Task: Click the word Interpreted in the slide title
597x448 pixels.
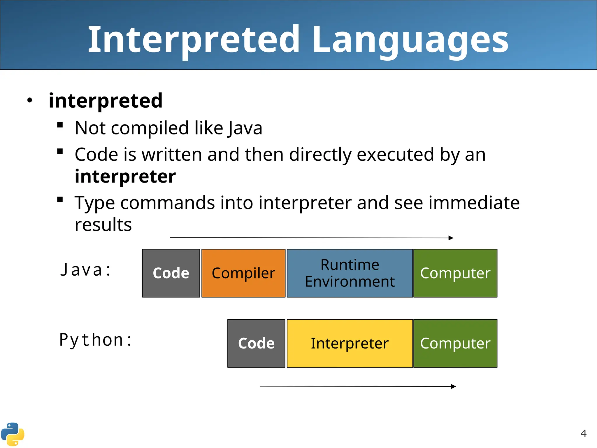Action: point(194,39)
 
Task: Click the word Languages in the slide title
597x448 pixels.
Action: point(410,39)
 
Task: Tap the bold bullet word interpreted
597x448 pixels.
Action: point(106,101)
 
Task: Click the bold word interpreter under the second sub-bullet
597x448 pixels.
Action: point(125,176)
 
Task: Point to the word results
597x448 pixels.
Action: point(103,225)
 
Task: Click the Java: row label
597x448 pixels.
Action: point(86,270)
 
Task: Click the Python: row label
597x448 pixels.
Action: point(96,340)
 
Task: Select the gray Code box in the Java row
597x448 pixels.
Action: point(171,273)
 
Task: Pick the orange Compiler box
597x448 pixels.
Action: point(243,273)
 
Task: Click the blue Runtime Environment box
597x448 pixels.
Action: point(350,273)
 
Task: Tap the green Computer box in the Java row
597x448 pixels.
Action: point(455,273)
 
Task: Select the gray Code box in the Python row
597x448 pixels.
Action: point(256,343)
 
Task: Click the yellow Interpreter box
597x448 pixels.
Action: point(350,343)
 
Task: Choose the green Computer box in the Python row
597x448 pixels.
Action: point(455,343)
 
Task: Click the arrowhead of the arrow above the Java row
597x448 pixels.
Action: point(451,238)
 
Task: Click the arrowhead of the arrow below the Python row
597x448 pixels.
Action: point(454,386)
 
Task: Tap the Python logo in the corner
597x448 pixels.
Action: point(13,434)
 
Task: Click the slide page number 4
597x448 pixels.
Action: point(583,433)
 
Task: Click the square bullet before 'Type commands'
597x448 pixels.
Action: point(60,200)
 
